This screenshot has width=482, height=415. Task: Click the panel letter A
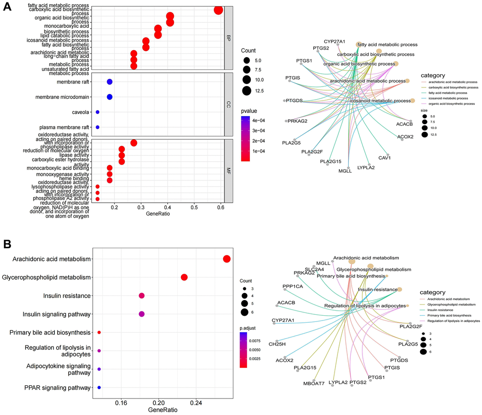(8, 9)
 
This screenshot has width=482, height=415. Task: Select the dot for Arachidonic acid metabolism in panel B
(226, 259)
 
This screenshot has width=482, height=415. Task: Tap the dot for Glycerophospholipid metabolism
(184, 277)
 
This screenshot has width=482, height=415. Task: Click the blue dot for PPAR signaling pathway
(99, 388)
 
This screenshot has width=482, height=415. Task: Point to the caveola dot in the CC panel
(97, 112)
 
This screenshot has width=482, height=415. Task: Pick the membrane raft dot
(110, 82)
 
